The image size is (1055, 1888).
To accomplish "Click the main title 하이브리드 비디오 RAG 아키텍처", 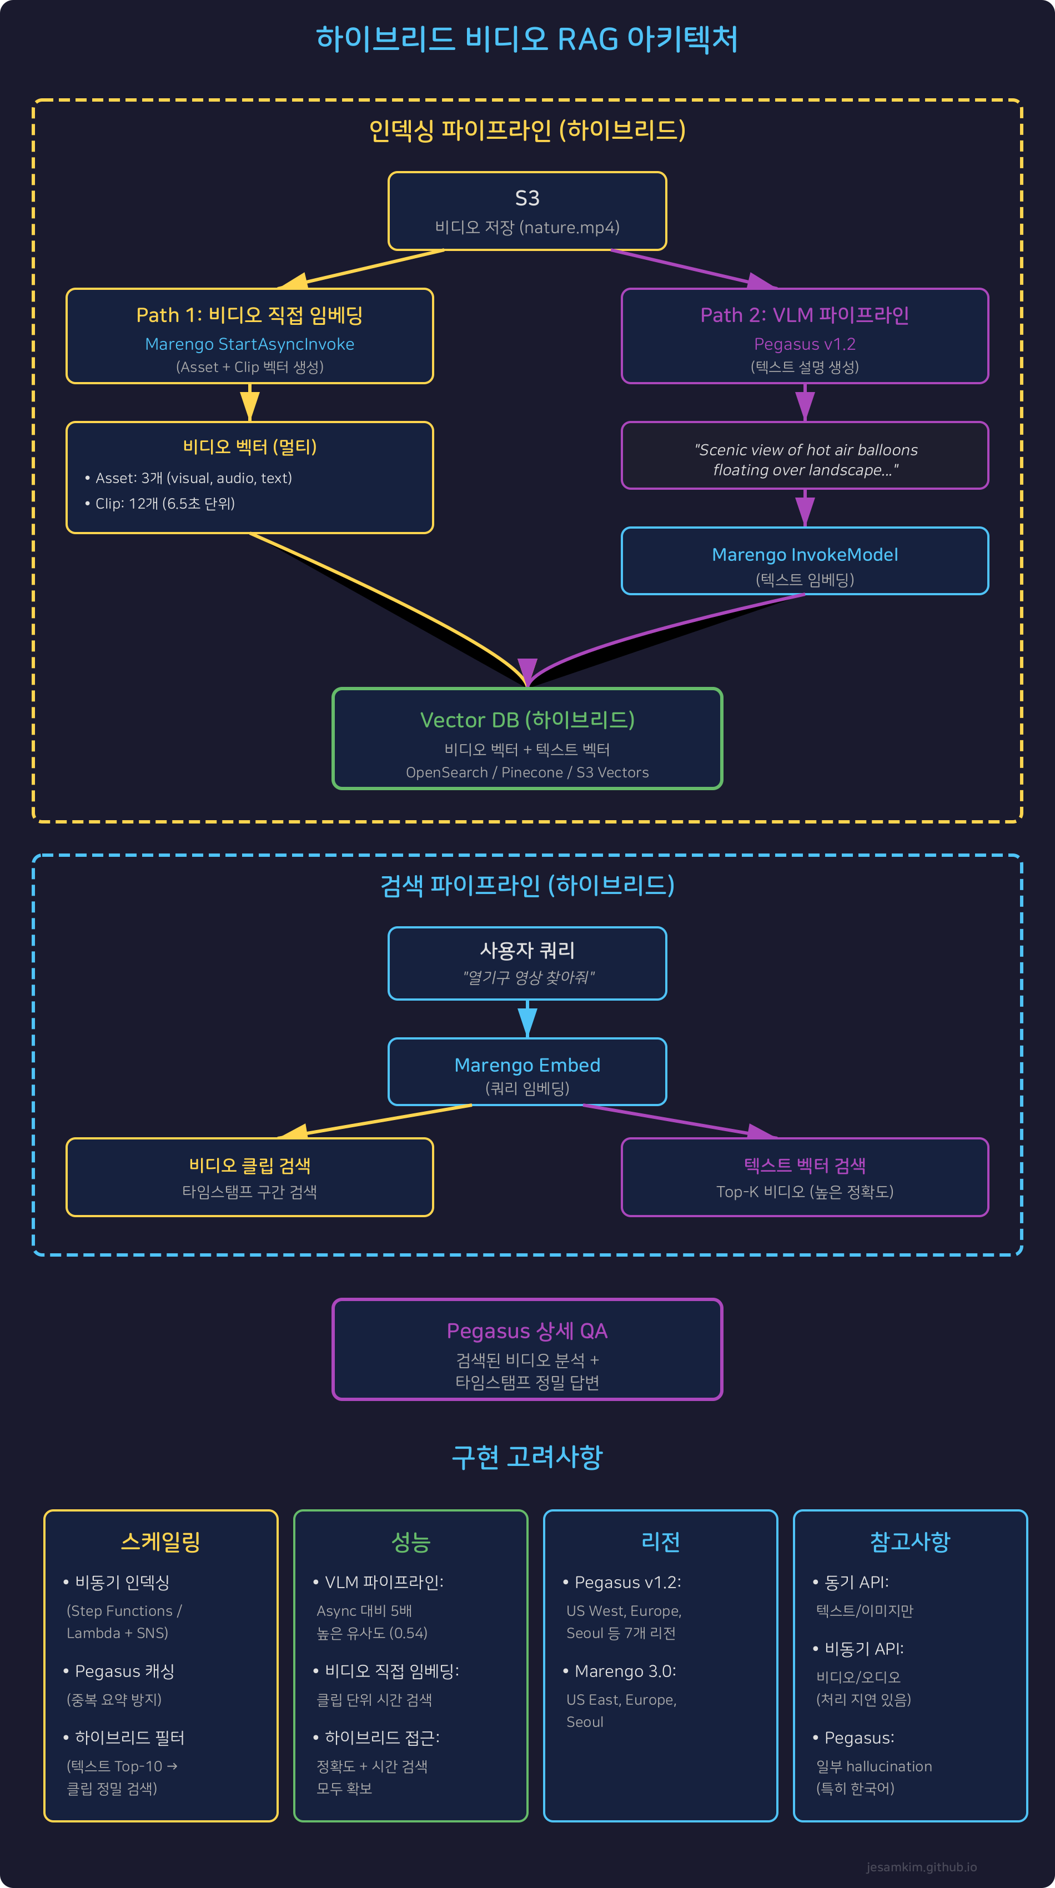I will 527,39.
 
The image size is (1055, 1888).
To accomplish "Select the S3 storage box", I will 527,211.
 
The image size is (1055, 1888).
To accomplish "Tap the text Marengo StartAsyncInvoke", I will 249,344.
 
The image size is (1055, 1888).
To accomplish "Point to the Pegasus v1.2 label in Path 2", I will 805,344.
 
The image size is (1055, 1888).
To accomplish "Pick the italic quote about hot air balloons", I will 805,460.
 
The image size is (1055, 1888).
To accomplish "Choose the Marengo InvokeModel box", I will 805,561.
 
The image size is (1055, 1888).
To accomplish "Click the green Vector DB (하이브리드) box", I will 527,738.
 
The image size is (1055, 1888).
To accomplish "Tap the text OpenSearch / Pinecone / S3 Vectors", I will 527,772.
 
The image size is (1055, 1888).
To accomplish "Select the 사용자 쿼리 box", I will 527,962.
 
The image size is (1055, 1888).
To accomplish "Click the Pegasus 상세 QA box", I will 527,1349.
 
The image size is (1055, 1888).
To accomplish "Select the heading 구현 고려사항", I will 527,1457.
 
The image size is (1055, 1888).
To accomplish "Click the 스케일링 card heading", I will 160,1541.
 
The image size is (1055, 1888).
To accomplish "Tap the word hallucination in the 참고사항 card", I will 888,1766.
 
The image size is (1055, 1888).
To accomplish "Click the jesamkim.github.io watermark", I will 921,1867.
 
